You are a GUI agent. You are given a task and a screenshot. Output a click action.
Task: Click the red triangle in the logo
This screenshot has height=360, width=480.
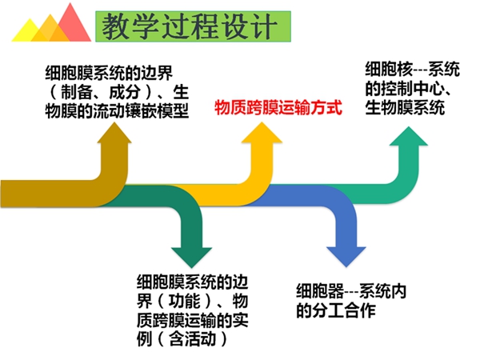pos(73,26)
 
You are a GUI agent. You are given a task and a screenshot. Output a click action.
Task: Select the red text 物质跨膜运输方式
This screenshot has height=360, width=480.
pos(278,107)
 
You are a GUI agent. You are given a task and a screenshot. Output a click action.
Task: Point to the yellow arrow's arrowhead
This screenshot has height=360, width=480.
pos(262,132)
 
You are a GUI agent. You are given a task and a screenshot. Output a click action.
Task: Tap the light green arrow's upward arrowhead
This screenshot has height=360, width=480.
pos(409,136)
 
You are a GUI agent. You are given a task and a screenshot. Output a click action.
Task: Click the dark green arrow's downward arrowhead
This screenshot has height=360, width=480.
pos(192,258)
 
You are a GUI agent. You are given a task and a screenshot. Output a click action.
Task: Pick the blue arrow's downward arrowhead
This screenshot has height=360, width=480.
pos(346,257)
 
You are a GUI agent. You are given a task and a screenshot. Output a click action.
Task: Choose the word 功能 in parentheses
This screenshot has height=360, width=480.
pos(184,302)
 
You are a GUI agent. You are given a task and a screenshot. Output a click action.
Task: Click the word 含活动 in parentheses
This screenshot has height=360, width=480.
pos(192,339)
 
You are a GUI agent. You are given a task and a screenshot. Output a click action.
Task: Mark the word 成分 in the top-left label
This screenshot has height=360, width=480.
pos(125,92)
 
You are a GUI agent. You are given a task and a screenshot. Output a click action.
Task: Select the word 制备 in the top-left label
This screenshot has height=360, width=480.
pos(77,92)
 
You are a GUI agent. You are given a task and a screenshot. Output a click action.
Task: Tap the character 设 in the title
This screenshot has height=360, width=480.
pos(236,26)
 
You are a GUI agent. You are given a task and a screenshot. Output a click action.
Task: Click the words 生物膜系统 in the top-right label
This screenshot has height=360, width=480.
pos(405,108)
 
